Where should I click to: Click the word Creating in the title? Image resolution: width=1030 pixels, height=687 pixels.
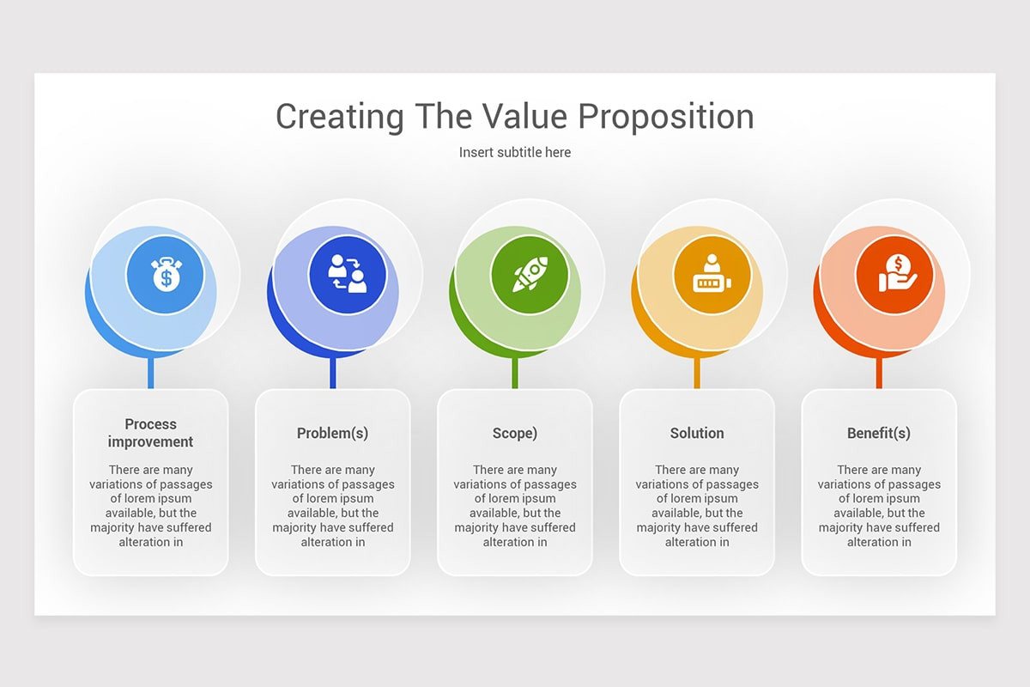tap(340, 117)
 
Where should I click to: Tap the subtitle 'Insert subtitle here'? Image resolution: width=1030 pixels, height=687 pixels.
tap(515, 152)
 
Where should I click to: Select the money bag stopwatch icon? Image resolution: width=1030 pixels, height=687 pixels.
tap(165, 275)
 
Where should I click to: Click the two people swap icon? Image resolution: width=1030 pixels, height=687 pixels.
tap(348, 275)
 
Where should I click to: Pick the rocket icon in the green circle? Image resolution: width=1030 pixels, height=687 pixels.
tap(530, 275)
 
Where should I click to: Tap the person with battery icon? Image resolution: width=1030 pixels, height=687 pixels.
tap(712, 275)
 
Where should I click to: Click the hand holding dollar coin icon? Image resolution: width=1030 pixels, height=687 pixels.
tap(894, 275)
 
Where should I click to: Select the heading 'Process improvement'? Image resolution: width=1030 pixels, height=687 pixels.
tap(150, 433)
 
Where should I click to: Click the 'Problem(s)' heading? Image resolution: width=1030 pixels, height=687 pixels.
tap(332, 433)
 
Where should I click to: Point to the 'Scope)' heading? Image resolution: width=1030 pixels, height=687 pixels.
tap(515, 433)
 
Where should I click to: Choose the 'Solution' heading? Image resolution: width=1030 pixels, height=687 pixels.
tap(697, 433)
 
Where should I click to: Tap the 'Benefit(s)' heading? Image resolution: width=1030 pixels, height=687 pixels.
tap(879, 433)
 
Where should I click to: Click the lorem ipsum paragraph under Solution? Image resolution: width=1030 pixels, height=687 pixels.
tap(697, 506)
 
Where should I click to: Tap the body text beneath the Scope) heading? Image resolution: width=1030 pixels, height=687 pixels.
tap(515, 506)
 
